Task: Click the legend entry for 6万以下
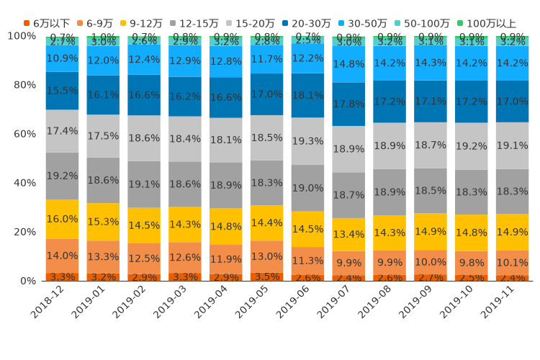47,23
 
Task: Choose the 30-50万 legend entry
365,23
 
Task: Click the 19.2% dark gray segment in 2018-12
63,176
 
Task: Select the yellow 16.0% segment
63,219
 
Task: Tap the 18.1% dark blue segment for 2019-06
308,95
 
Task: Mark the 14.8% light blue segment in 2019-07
349,64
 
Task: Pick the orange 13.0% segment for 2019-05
267,256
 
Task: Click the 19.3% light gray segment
308,141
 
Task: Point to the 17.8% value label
349,104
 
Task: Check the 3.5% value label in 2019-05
267,276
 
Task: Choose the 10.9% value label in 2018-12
63,58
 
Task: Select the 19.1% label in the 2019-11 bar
513,145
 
